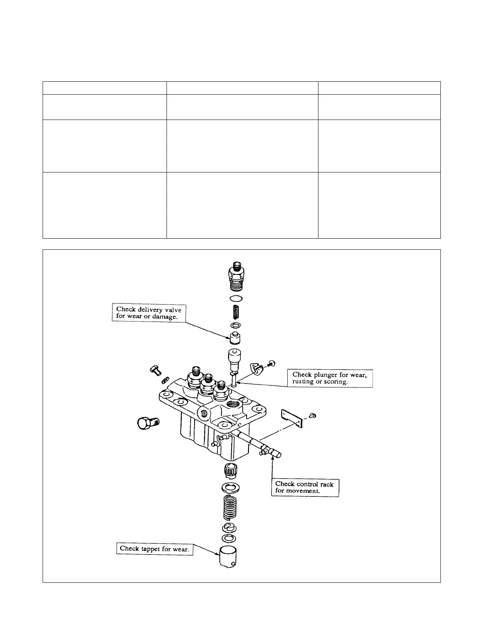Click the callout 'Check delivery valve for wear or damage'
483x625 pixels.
[149, 313]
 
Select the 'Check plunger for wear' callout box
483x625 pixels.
[330, 378]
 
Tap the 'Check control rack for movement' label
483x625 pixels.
[305, 487]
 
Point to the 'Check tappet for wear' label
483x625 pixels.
[154, 548]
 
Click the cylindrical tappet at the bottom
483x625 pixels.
[228, 556]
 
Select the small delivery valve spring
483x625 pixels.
[236, 313]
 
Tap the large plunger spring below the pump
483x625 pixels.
[230, 507]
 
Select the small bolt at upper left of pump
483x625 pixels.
[155, 370]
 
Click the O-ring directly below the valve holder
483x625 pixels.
[236, 299]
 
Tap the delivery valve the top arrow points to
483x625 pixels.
[235, 338]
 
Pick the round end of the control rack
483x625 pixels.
[279, 455]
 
